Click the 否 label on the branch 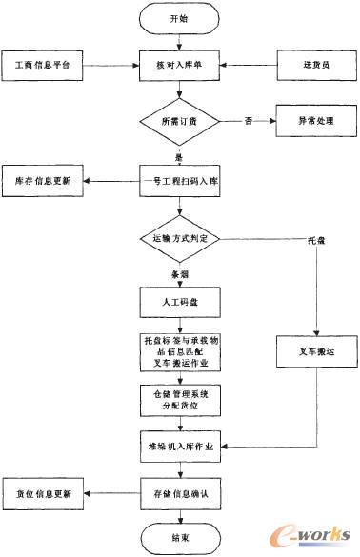(x=249, y=122)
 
